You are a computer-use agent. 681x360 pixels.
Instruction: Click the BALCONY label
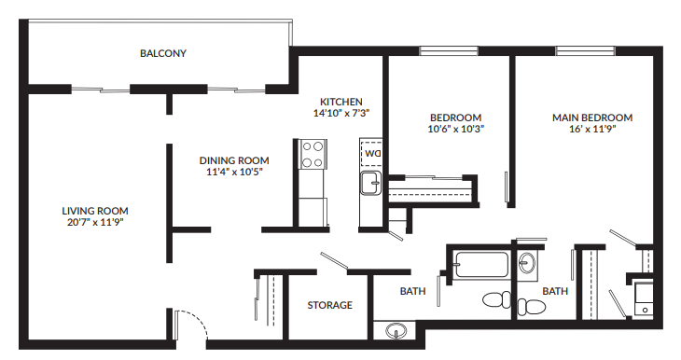163,54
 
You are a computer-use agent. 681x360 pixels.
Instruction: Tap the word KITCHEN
340,102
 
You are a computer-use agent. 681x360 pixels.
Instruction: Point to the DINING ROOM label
237,160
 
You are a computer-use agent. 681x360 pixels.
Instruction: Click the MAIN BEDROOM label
591,118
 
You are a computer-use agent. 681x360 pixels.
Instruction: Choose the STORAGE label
330,305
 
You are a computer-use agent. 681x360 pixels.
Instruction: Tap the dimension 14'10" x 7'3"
340,113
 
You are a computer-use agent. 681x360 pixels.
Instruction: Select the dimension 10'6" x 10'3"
456,129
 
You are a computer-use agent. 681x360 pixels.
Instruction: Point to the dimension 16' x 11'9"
591,129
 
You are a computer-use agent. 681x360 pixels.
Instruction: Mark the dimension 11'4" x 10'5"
237,172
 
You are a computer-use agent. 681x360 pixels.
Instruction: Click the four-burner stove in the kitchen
313,153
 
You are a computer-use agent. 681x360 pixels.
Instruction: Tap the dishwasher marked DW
373,152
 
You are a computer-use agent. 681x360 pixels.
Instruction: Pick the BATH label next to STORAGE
412,291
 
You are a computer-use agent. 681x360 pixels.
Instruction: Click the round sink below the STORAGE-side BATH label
396,330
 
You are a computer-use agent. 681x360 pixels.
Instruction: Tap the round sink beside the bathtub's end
527,264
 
